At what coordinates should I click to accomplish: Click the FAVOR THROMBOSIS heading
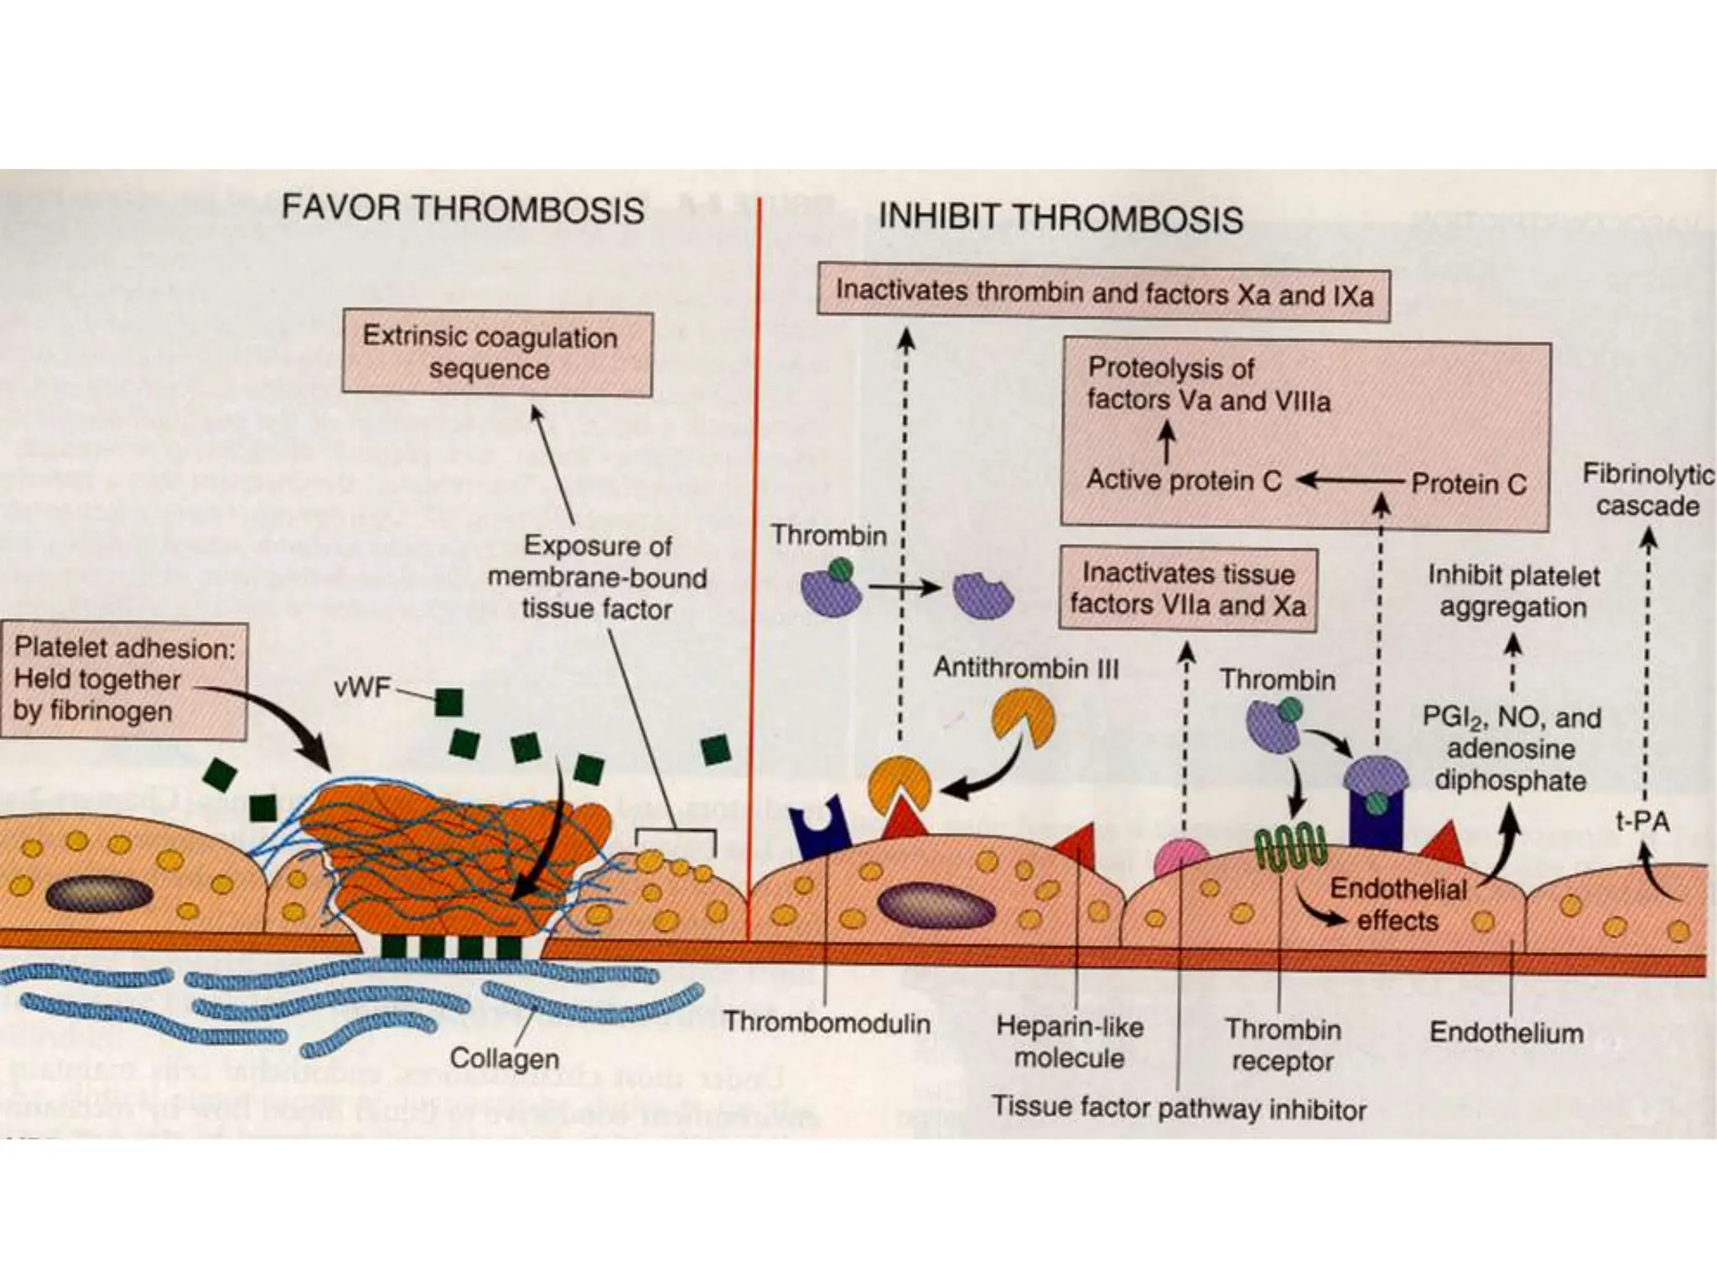[463, 208]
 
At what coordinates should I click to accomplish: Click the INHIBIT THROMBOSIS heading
[1060, 218]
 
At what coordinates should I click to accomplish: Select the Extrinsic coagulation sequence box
[496, 354]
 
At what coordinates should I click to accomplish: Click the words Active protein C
[1184, 480]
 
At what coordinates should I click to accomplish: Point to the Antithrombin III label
[1026, 668]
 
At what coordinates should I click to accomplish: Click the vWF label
[362, 688]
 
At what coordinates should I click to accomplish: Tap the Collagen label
[504, 1057]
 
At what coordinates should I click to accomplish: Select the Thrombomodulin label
[827, 1023]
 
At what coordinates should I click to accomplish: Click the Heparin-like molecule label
[1069, 1041]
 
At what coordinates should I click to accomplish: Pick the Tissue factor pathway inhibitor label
[1179, 1108]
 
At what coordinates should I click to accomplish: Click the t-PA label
[1642, 821]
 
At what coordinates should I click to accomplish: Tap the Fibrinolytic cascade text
[1647, 490]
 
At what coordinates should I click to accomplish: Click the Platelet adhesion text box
[124, 680]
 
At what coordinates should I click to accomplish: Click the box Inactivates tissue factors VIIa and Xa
[1187, 589]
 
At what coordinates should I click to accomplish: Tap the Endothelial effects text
[1398, 905]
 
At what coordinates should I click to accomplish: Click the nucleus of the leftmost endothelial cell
[99, 894]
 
